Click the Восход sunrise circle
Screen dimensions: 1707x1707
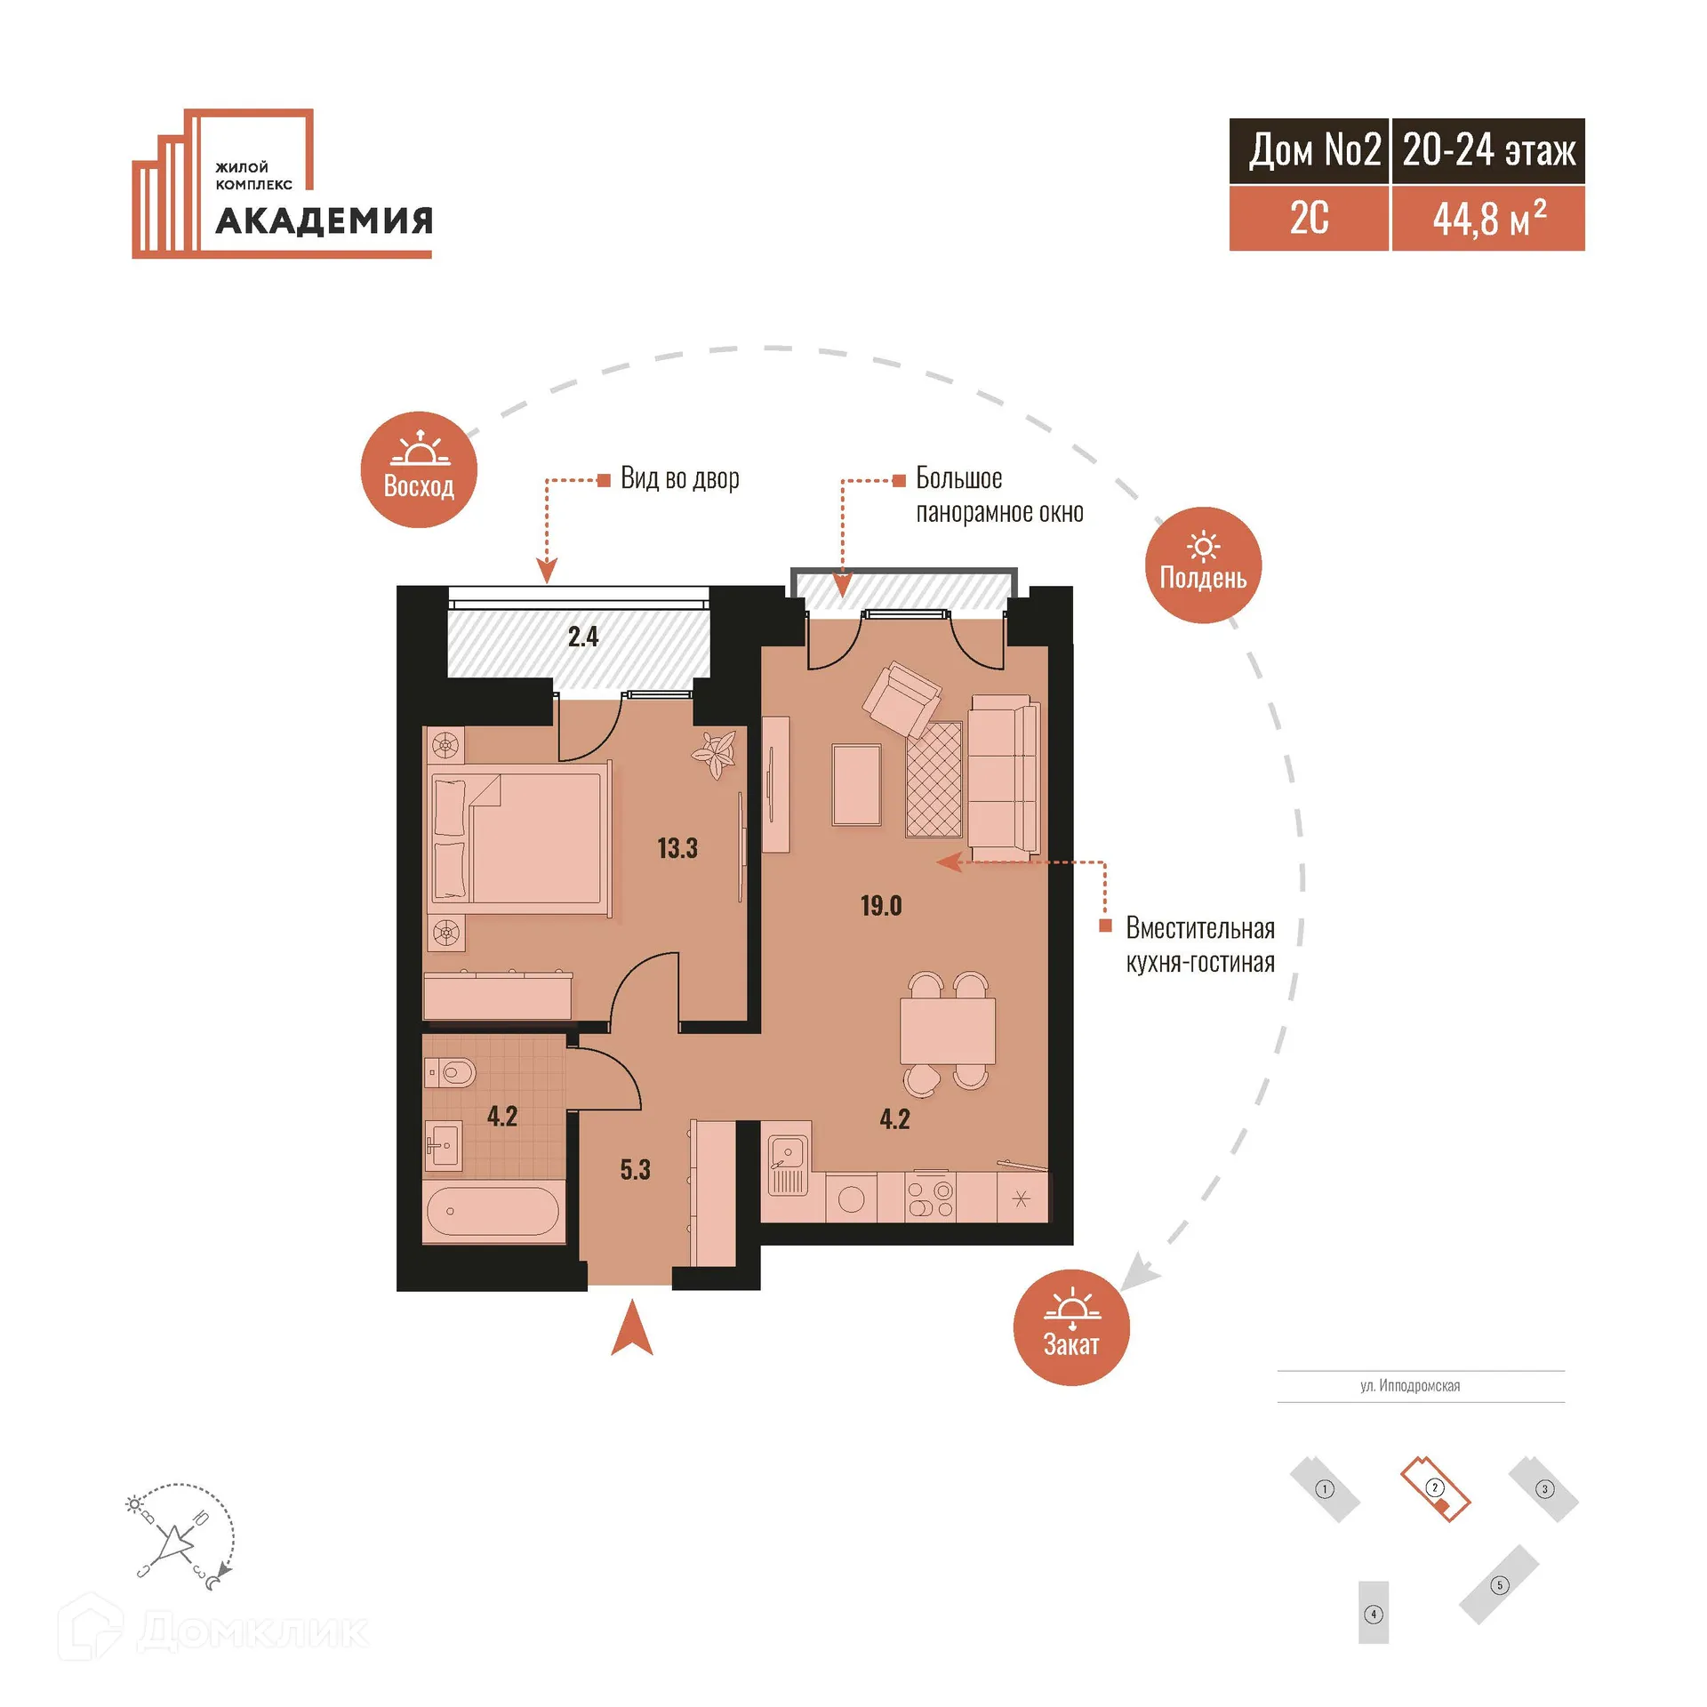pyautogui.click(x=419, y=469)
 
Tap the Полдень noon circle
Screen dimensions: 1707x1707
pyautogui.click(x=1203, y=565)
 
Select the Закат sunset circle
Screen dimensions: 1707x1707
pyautogui.click(x=1071, y=1327)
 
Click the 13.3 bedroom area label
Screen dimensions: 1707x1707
pyautogui.click(x=677, y=848)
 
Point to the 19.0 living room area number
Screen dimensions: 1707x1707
pyautogui.click(x=881, y=906)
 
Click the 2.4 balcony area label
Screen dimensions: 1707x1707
pyautogui.click(x=583, y=637)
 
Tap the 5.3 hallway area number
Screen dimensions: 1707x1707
pyautogui.click(x=635, y=1169)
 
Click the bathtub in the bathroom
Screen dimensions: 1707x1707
pyautogui.click(x=493, y=1211)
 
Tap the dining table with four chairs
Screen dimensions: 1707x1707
pyautogui.click(x=947, y=1030)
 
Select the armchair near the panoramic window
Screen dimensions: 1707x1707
pyautogui.click(x=902, y=699)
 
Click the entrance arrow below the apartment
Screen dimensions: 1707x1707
pyautogui.click(x=632, y=1329)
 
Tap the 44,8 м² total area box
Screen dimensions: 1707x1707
pyautogui.click(x=1487, y=219)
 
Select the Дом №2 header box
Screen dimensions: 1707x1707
pyautogui.click(x=1309, y=151)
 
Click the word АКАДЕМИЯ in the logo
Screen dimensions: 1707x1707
pyautogui.click(x=325, y=220)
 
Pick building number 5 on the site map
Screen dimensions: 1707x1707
pyautogui.click(x=1499, y=1584)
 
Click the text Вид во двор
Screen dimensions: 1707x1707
pyautogui.click(x=679, y=478)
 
